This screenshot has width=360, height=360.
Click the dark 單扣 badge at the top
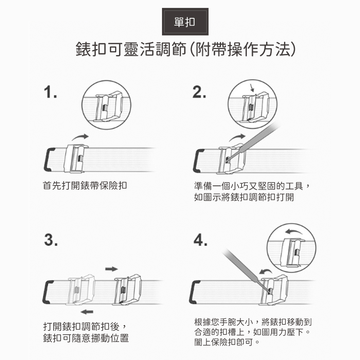click(185, 22)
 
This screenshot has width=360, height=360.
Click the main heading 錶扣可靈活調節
click(131, 49)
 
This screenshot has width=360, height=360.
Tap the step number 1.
click(50, 92)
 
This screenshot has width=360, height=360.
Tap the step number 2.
click(199, 92)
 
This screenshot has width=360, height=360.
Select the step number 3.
click(51, 240)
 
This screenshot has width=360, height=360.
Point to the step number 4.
click(201, 240)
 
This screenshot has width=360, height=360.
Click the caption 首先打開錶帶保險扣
click(85, 185)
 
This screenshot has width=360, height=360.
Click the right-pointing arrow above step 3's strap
click(111, 269)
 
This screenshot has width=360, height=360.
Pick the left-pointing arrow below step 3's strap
click(87, 312)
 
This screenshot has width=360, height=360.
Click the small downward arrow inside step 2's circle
click(252, 87)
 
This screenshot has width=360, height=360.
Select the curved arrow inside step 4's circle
click(294, 231)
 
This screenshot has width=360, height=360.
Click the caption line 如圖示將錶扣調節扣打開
click(244, 197)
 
